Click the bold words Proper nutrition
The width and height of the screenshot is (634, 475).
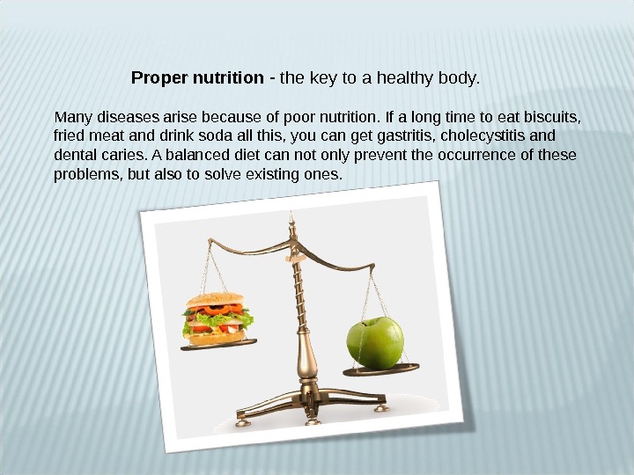197,78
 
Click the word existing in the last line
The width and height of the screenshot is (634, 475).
272,175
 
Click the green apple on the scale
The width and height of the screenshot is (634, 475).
375,343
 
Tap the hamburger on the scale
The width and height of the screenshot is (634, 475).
217,318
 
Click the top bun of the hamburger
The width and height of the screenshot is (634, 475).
214,300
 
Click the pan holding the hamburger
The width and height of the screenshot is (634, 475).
218,345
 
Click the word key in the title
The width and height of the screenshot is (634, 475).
326,78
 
